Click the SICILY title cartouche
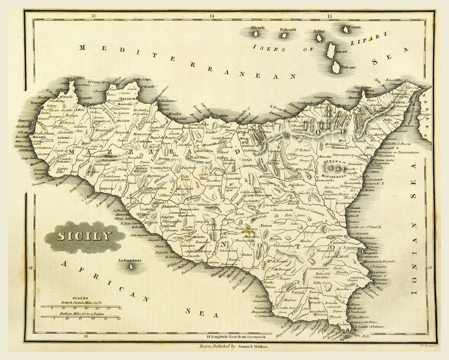coord(85,237)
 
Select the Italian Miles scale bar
coord(81,316)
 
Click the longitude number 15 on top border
coord(330,17)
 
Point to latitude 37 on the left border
coord(29,267)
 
